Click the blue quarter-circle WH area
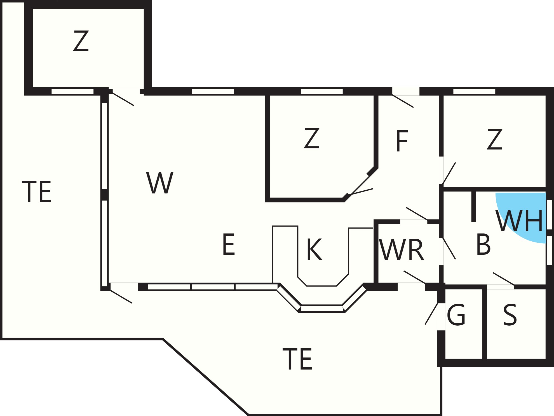(x=526, y=213)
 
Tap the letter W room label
(x=160, y=183)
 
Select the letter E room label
(x=229, y=245)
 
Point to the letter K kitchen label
(x=314, y=249)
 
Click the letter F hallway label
(x=402, y=141)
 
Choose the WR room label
(x=402, y=250)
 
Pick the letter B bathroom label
(x=483, y=245)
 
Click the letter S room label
(x=510, y=315)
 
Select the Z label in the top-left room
(x=81, y=41)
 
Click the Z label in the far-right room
(x=494, y=139)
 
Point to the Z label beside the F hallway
(x=311, y=138)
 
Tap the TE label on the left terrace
(x=37, y=192)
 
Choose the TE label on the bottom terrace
(x=297, y=359)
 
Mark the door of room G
(x=432, y=314)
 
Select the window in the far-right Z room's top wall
(x=474, y=91)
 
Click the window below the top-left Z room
(x=72, y=91)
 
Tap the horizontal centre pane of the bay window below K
(x=322, y=309)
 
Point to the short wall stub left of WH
(x=474, y=207)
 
